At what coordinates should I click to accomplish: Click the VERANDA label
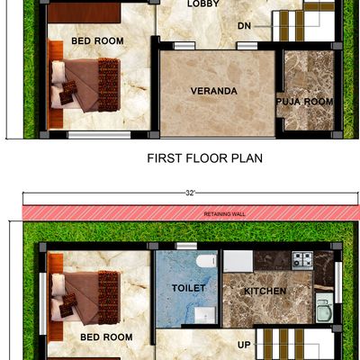(214, 91)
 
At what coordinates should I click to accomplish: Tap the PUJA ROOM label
(304, 102)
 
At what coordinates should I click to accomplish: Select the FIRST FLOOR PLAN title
(205, 158)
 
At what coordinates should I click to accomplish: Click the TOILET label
(189, 288)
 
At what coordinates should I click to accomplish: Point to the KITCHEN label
(265, 291)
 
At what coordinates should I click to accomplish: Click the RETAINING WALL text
(225, 214)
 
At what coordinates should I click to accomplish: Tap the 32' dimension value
(190, 193)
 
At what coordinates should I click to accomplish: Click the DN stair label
(244, 26)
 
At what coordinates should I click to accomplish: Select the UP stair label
(244, 345)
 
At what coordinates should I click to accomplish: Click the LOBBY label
(203, 4)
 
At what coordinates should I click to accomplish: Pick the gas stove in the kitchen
(302, 260)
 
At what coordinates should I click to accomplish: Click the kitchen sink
(324, 308)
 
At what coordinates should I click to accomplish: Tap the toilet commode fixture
(206, 261)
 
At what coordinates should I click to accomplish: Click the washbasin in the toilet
(205, 315)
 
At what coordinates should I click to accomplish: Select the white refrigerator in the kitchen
(238, 261)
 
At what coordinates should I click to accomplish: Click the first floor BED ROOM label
(97, 40)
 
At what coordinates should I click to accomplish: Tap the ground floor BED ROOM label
(106, 337)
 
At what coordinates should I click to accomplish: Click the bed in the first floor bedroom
(85, 85)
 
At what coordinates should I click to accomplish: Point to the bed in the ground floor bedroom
(85, 298)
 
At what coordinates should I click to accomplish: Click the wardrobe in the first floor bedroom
(84, 13)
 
